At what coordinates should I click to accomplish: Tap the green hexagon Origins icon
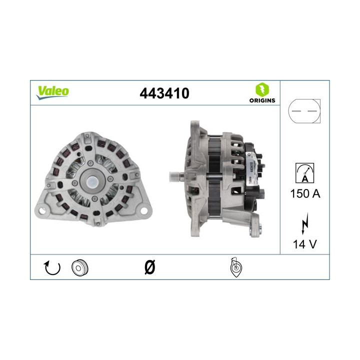[261, 89]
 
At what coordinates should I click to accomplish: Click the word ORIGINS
[261, 100]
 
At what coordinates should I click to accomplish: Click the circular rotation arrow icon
[52, 268]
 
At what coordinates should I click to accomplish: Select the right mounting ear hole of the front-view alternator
[144, 209]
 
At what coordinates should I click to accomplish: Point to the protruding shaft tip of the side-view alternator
[174, 176]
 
